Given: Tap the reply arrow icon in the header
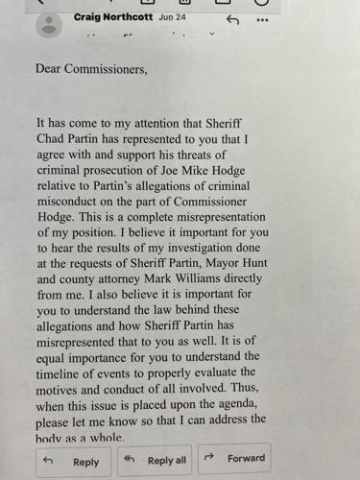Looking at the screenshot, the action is (232, 19).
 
